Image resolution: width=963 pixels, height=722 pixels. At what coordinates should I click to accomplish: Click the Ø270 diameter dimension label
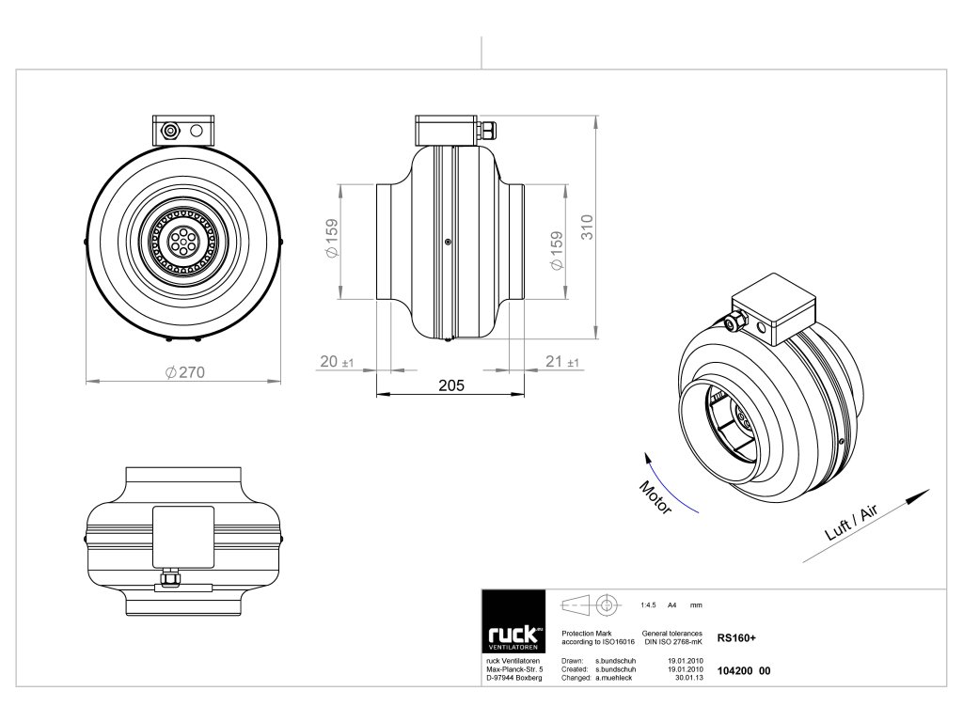pos(184,372)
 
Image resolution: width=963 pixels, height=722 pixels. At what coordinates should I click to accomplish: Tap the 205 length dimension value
pos(451,385)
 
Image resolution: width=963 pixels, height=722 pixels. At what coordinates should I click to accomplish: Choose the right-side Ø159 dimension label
pos(556,251)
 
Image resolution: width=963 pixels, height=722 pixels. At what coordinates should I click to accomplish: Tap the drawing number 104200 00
pos(743,670)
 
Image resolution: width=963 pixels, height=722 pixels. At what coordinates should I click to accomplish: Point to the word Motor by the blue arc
pos(655,495)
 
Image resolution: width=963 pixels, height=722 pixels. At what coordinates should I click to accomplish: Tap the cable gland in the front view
pos(170,130)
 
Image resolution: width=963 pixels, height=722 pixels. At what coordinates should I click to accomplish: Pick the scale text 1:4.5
pos(647,604)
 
